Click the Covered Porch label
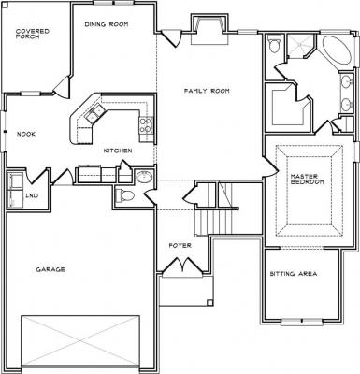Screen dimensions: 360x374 pyautogui.click(x=33, y=34)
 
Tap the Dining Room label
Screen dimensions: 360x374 pyautogui.click(x=107, y=24)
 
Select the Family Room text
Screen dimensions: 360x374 pyautogui.click(x=207, y=91)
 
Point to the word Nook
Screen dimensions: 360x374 pyautogui.click(x=26, y=135)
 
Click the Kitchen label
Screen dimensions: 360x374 pyautogui.click(x=118, y=151)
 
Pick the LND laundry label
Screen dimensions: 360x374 pyautogui.click(x=32, y=195)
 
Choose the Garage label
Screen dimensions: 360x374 pyautogui.click(x=50, y=269)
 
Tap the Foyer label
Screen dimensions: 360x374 pyautogui.click(x=180, y=246)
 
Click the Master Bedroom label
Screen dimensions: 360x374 pyautogui.click(x=307, y=179)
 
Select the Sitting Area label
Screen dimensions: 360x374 pyautogui.click(x=294, y=274)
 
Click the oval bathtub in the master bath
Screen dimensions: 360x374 pyautogui.click(x=337, y=50)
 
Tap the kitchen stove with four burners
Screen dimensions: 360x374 pyautogui.click(x=146, y=124)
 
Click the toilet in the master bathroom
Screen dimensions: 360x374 pyautogui.click(x=275, y=44)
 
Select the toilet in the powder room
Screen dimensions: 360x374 pyautogui.click(x=124, y=195)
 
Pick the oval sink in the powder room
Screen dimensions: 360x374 pyautogui.click(x=144, y=177)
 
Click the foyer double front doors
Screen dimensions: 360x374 pyautogui.click(x=181, y=266)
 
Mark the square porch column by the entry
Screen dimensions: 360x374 pyautogui.click(x=210, y=302)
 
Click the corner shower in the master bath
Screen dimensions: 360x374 pyautogui.click(x=299, y=46)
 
